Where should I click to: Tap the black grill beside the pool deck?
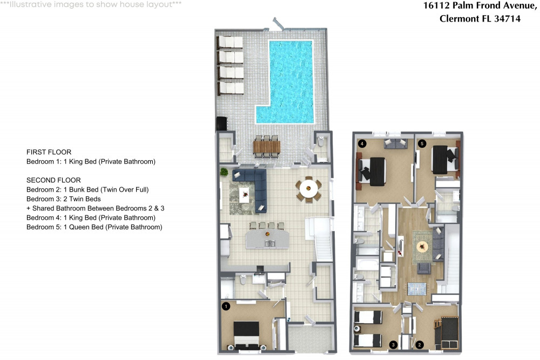221,124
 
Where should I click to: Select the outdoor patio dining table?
267,146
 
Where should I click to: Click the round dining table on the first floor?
308,189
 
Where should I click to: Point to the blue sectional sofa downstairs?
254,186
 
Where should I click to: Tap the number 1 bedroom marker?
226,306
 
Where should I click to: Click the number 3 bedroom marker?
394,344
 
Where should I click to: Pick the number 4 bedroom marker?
362,144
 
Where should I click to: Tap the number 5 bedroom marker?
422,144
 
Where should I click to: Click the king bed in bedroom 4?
373,168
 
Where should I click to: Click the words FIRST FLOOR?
49,152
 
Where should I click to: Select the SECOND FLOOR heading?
53,180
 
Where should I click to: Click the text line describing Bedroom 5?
94,227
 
